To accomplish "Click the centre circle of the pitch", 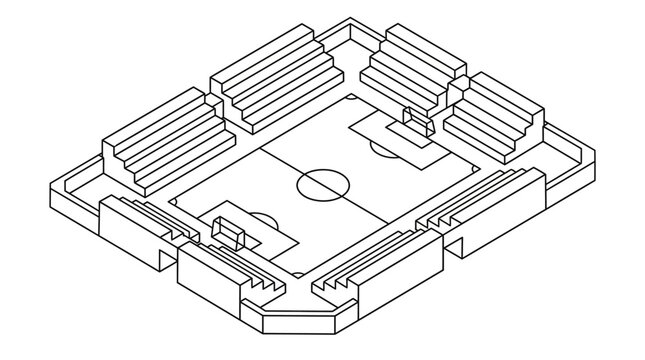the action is (321, 183).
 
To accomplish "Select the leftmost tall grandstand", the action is (156, 140).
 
